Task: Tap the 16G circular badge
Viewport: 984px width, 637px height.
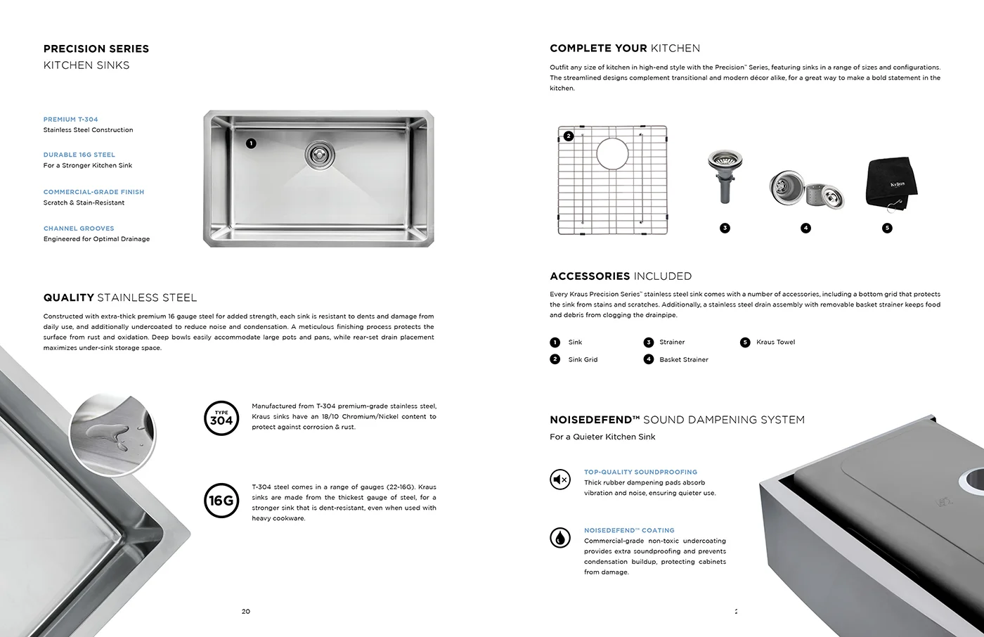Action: (x=221, y=500)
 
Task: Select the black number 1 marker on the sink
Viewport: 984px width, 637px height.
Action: (x=251, y=143)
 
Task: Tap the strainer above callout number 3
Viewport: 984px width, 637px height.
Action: (x=722, y=176)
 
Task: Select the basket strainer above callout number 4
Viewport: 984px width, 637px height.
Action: (x=805, y=188)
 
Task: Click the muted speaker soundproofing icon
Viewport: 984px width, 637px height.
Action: (x=560, y=480)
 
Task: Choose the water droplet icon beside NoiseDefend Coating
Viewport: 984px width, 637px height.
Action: (x=560, y=538)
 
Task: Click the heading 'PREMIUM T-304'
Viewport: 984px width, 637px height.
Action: (x=71, y=120)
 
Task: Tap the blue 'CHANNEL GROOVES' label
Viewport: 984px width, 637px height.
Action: (x=79, y=229)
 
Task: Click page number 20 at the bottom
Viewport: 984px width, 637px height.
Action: (x=246, y=611)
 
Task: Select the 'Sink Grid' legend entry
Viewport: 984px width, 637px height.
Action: (x=583, y=359)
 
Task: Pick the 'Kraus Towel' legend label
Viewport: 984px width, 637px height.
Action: (x=775, y=342)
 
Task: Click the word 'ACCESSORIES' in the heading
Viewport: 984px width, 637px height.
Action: (x=589, y=276)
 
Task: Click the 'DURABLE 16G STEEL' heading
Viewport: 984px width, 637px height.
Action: (x=79, y=155)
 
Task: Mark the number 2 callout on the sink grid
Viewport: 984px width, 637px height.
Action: (x=569, y=136)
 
